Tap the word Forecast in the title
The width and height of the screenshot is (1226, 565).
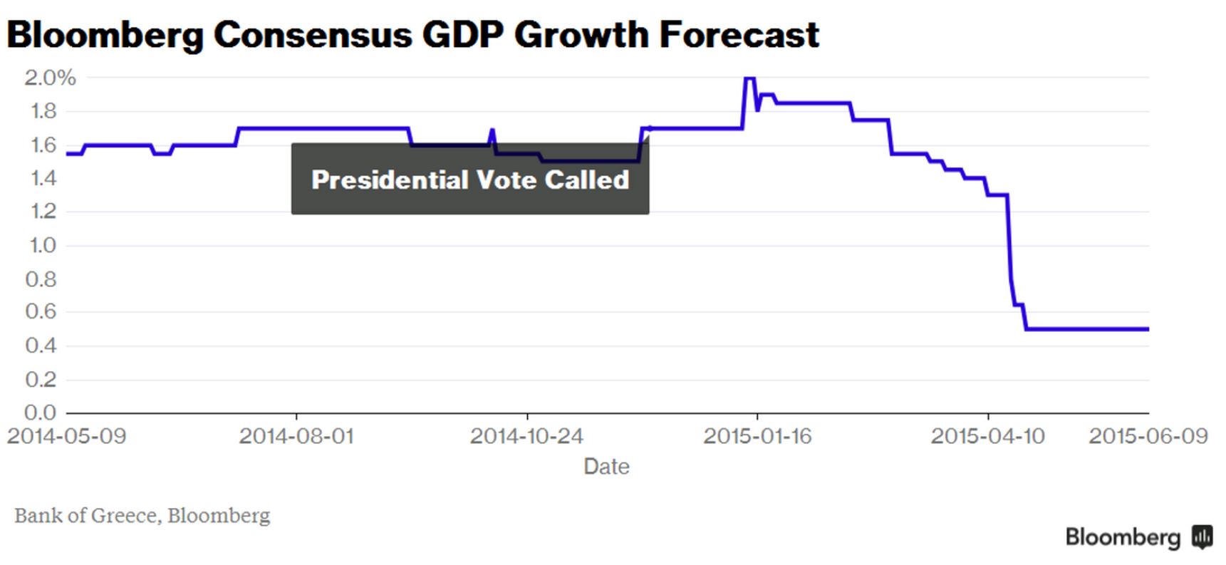point(739,34)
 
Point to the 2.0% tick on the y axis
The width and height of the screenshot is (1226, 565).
point(50,78)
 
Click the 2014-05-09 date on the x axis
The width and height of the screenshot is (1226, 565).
point(66,436)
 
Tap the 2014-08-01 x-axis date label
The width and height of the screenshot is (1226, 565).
point(296,436)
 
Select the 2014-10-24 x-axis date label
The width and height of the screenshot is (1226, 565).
point(526,436)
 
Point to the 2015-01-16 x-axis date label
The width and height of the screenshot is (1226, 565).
point(757,436)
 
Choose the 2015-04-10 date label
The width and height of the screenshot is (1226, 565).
point(987,436)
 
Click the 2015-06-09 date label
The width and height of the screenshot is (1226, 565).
point(1148,436)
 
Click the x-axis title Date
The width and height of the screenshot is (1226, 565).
point(606,467)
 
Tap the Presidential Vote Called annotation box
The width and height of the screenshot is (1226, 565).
point(470,180)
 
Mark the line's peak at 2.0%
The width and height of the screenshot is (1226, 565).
point(749,78)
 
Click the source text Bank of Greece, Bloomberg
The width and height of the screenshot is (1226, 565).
point(142,515)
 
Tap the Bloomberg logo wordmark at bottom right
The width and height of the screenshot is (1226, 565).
point(1123,537)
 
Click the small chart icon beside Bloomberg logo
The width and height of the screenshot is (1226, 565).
point(1202,537)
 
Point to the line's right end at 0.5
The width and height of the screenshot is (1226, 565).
point(1147,329)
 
